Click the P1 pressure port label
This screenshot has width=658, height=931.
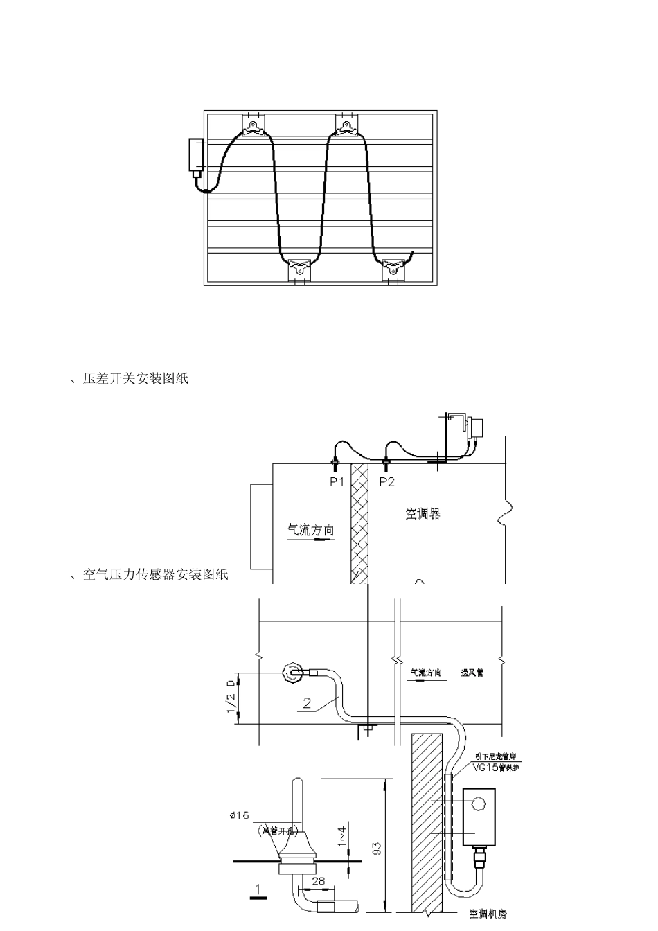click(337, 482)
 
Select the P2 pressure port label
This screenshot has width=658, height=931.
click(386, 482)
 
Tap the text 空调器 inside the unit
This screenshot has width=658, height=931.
click(423, 514)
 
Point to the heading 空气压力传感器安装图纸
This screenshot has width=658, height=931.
click(155, 575)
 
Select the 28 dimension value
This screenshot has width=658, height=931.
click(318, 880)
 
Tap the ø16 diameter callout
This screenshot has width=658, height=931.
click(240, 815)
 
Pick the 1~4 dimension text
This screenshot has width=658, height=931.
click(341, 837)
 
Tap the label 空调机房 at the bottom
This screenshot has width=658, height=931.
click(488, 914)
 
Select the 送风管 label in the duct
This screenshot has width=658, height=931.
click(472, 673)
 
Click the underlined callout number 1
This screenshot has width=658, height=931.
click(258, 889)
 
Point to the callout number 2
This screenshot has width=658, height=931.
click(307, 702)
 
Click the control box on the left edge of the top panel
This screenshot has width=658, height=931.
click(196, 155)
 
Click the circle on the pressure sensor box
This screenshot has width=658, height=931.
click(479, 804)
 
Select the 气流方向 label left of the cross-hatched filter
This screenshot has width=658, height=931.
click(311, 531)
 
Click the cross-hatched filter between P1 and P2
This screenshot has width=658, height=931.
click(359, 523)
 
